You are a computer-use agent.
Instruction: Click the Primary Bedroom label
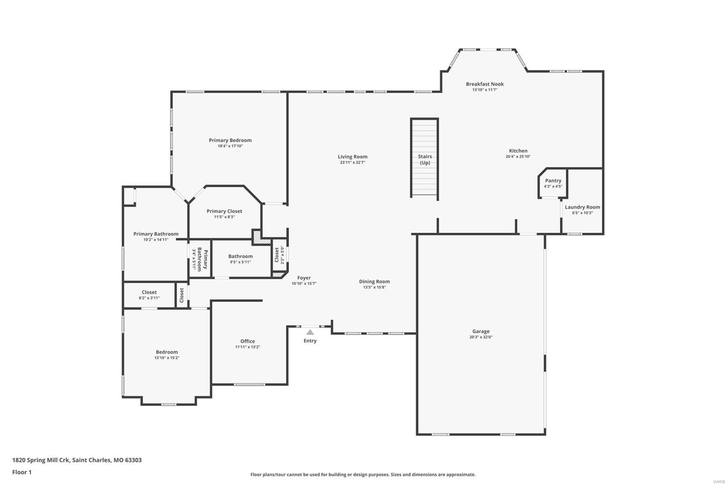tap(230, 140)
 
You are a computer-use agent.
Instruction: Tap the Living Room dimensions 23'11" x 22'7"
tap(353, 163)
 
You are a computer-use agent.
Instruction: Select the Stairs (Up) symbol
tap(425, 158)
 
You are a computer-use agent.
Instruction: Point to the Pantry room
tap(553, 183)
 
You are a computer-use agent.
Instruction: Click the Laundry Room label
tap(582, 207)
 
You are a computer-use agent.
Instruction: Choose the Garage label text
tap(481, 331)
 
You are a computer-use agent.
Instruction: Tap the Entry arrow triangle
tap(310, 332)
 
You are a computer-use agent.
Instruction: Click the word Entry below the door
tap(310, 341)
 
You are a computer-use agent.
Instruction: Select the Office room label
tap(247, 341)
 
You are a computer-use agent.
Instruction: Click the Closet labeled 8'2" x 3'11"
tap(149, 295)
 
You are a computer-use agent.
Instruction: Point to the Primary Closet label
tap(224, 211)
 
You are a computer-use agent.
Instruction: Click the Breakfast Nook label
tap(485, 84)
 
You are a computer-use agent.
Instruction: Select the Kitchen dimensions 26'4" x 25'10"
tap(518, 157)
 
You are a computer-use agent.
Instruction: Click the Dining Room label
tap(374, 282)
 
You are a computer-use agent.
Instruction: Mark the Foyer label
tap(304, 278)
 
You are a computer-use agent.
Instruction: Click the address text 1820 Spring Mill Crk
tap(41, 460)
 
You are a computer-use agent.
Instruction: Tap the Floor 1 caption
tap(22, 472)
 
